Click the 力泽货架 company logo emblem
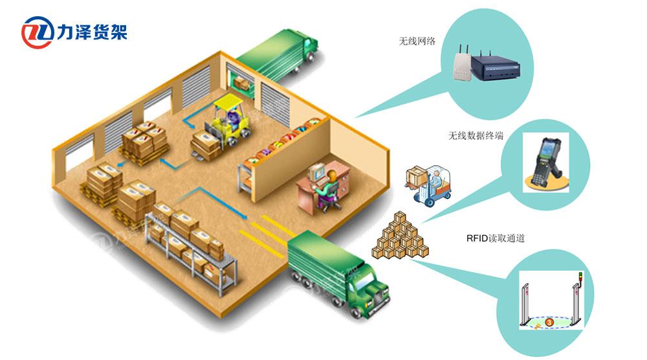coord(38,33)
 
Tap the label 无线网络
coord(417,41)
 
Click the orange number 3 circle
coord(549,321)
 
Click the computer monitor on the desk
coord(317,172)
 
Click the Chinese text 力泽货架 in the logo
coord(93,32)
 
